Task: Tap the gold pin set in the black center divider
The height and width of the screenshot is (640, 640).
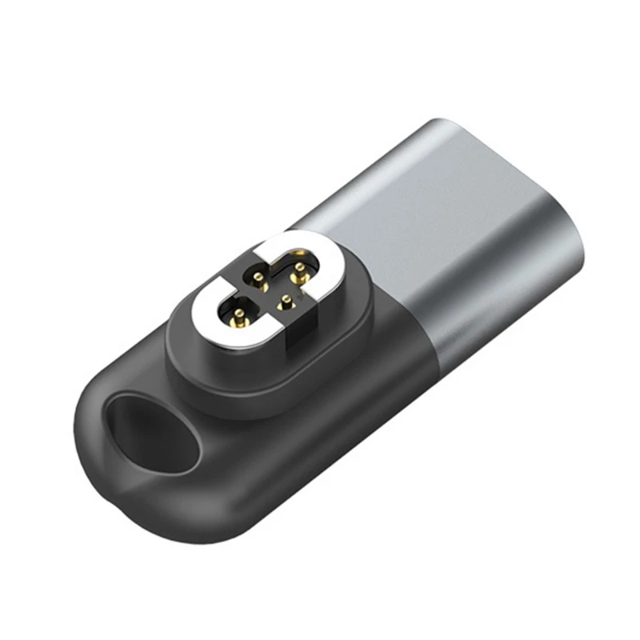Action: pos(286,302)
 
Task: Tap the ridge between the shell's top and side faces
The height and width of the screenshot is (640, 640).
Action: pos(488,240)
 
